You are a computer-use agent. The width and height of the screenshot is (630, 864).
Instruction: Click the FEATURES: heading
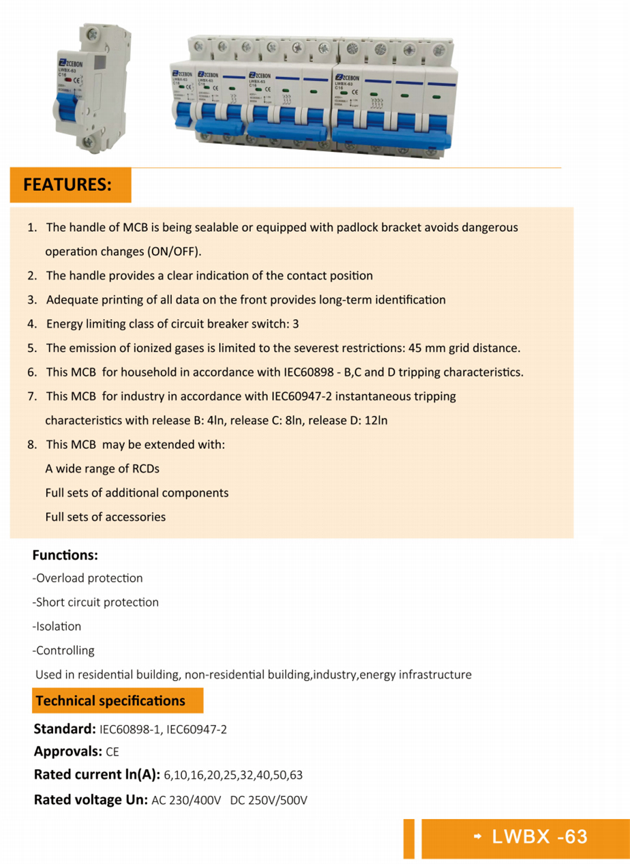[x=67, y=185]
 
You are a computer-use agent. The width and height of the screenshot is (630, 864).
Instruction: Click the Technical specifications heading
[x=110, y=700]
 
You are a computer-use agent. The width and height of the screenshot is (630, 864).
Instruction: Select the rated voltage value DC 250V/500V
[x=269, y=800]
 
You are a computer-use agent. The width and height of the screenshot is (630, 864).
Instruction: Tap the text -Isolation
[x=57, y=626]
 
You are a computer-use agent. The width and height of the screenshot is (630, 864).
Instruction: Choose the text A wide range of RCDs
[x=102, y=468]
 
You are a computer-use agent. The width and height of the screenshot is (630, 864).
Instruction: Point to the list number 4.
[x=32, y=324]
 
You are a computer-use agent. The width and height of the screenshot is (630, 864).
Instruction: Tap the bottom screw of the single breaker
[x=89, y=142]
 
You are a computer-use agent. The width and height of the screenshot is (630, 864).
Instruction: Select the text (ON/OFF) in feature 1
[x=174, y=252]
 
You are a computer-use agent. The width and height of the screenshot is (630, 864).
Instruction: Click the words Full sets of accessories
[x=105, y=517]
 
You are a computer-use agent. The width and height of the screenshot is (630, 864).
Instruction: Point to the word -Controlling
[x=63, y=651]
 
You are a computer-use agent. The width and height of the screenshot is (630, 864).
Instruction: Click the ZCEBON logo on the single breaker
[x=70, y=59]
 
